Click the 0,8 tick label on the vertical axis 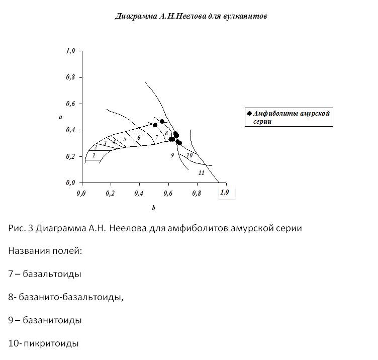tap(70, 77)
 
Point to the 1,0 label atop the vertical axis tap(70, 51)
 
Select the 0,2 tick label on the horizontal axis tap(110, 193)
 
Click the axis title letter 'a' tap(60, 117)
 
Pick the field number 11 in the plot tap(201, 172)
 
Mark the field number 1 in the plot tap(93, 155)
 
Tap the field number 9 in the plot tap(172, 155)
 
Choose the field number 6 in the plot tap(139, 138)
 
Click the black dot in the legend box tap(249, 114)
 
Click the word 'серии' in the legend tap(262, 122)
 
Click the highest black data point tap(162, 121)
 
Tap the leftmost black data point tap(155, 125)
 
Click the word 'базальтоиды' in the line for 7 tap(52, 274)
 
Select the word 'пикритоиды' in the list tap(51, 343)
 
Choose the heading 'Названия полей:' tap(45, 251)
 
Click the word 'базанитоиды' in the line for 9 tap(52, 320)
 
